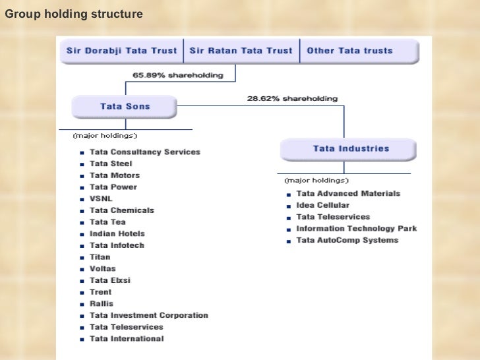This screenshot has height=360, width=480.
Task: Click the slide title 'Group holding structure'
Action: pos(73,13)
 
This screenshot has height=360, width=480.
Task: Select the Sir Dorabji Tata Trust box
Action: pos(121,51)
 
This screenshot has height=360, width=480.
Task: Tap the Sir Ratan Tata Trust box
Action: pos(241,51)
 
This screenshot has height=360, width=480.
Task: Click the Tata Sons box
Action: pos(125,106)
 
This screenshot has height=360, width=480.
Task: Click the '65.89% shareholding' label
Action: pos(178,75)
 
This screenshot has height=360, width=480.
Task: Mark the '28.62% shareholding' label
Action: pos(292,99)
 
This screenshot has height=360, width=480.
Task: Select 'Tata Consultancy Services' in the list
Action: pos(144,152)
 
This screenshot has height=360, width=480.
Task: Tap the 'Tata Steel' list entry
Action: pos(111,164)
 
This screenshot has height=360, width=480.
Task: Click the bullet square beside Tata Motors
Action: pos(81,176)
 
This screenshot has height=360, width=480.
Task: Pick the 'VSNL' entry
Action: pos(102,198)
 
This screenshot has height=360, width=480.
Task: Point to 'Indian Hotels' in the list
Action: pos(117,233)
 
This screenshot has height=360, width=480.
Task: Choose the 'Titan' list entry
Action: pos(100,257)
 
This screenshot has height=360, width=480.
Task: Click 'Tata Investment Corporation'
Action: pos(148,315)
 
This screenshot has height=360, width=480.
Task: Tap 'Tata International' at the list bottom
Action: pos(127,339)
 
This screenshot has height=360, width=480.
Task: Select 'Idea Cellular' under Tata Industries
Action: pos(323,206)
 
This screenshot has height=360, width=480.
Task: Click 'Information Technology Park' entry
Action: pos(356,229)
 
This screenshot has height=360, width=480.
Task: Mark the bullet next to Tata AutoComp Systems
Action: pos(289,241)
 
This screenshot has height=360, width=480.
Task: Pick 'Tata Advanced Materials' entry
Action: pos(348,194)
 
